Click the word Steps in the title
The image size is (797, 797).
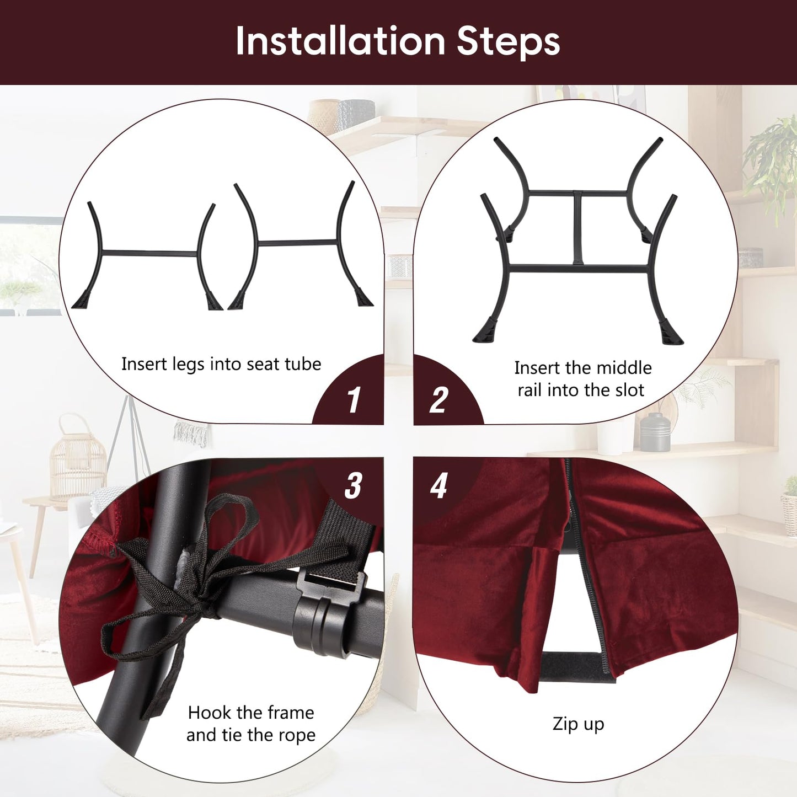[509, 42]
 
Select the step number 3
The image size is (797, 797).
[353, 485]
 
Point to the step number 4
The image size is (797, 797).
[438, 485]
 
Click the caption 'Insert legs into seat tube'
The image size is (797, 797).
[221, 365]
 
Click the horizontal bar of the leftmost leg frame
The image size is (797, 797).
[149, 253]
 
